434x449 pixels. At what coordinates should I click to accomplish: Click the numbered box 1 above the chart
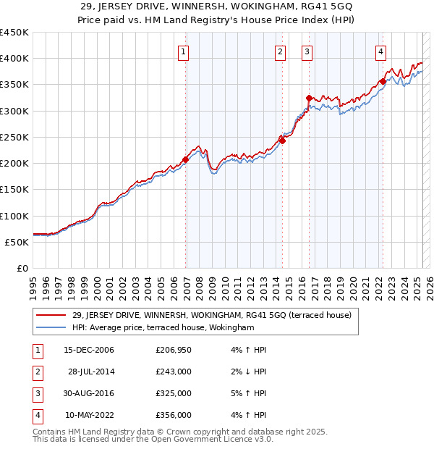pos(184,51)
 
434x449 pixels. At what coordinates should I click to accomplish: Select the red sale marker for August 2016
pos(309,98)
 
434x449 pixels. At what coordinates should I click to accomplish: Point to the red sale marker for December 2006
pos(186,159)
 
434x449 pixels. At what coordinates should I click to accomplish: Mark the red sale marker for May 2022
pos(383,82)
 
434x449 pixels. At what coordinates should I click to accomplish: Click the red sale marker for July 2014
pos(282,140)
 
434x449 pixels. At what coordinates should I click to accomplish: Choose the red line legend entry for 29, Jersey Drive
pos(211,315)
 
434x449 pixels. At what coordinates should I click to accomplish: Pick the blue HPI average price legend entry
pos(163,327)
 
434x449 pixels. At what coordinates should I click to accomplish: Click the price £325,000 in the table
pos(173,394)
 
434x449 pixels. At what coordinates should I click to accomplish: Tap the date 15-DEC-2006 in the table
pos(89,351)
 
